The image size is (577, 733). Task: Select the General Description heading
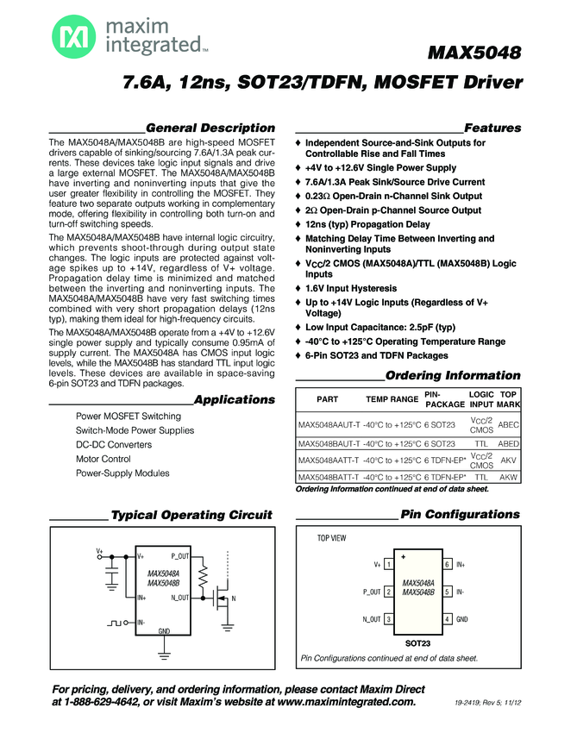click(x=210, y=128)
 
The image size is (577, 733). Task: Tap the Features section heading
click(x=492, y=128)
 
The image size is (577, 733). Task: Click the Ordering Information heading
click(x=453, y=376)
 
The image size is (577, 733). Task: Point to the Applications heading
click(x=235, y=399)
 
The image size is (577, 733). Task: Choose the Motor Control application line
click(x=103, y=459)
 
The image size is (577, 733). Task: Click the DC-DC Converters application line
click(x=114, y=445)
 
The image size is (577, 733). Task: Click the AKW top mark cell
click(x=509, y=477)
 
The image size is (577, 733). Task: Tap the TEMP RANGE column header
click(x=392, y=399)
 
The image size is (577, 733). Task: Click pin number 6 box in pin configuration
click(x=448, y=564)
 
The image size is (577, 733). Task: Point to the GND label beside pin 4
click(x=462, y=619)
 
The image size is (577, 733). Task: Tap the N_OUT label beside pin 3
click(x=372, y=619)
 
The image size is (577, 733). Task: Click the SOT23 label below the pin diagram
click(x=417, y=642)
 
